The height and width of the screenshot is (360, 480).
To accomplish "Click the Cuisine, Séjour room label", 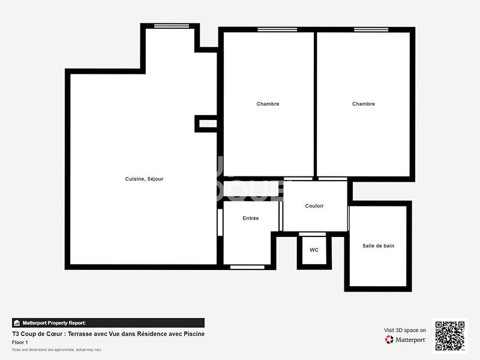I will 144,179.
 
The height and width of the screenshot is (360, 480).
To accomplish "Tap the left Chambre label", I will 268,104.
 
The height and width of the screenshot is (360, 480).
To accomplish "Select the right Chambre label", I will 363,104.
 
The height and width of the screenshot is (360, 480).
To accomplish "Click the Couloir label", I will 314,206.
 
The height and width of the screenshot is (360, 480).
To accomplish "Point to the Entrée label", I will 251,218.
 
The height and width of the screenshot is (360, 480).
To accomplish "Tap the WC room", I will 314,250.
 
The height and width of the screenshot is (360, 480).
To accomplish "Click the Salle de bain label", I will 378,245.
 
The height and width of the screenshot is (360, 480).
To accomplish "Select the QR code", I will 449,336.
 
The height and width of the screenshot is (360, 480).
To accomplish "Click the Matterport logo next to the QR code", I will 406,340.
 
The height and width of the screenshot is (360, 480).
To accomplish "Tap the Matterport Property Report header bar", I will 108,323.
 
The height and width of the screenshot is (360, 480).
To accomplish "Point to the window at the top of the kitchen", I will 171,26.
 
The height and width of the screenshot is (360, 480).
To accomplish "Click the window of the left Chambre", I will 272,29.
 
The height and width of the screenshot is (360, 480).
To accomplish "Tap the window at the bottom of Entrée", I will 247,266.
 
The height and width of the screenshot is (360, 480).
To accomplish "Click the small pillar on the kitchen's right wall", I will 206,124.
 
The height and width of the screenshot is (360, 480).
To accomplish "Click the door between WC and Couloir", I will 313,234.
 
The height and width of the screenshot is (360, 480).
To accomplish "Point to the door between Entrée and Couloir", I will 280,216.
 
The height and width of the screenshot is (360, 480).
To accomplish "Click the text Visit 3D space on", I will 405,330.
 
